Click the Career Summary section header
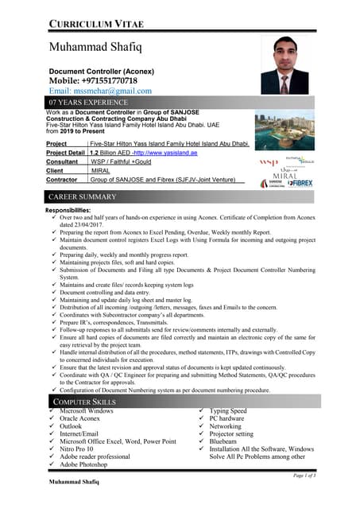tap(83, 196)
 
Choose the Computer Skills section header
tap(83, 403)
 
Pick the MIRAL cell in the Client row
tap(101, 170)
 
